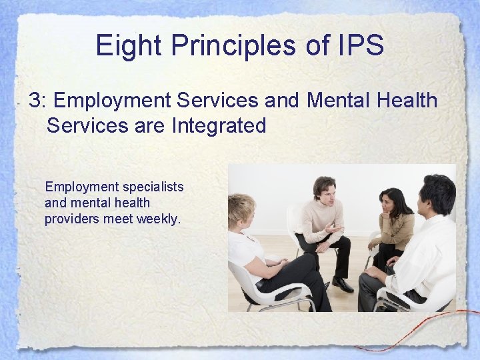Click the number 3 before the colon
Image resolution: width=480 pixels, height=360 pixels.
(33, 101)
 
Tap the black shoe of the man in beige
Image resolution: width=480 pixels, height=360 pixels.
(342, 285)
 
